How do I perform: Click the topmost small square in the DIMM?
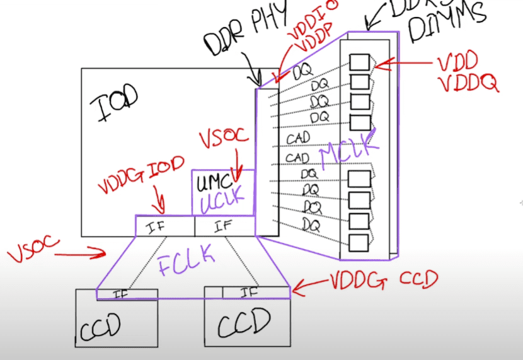(359, 62)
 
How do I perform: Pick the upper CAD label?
(299, 138)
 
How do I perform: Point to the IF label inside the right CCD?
(250, 292)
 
